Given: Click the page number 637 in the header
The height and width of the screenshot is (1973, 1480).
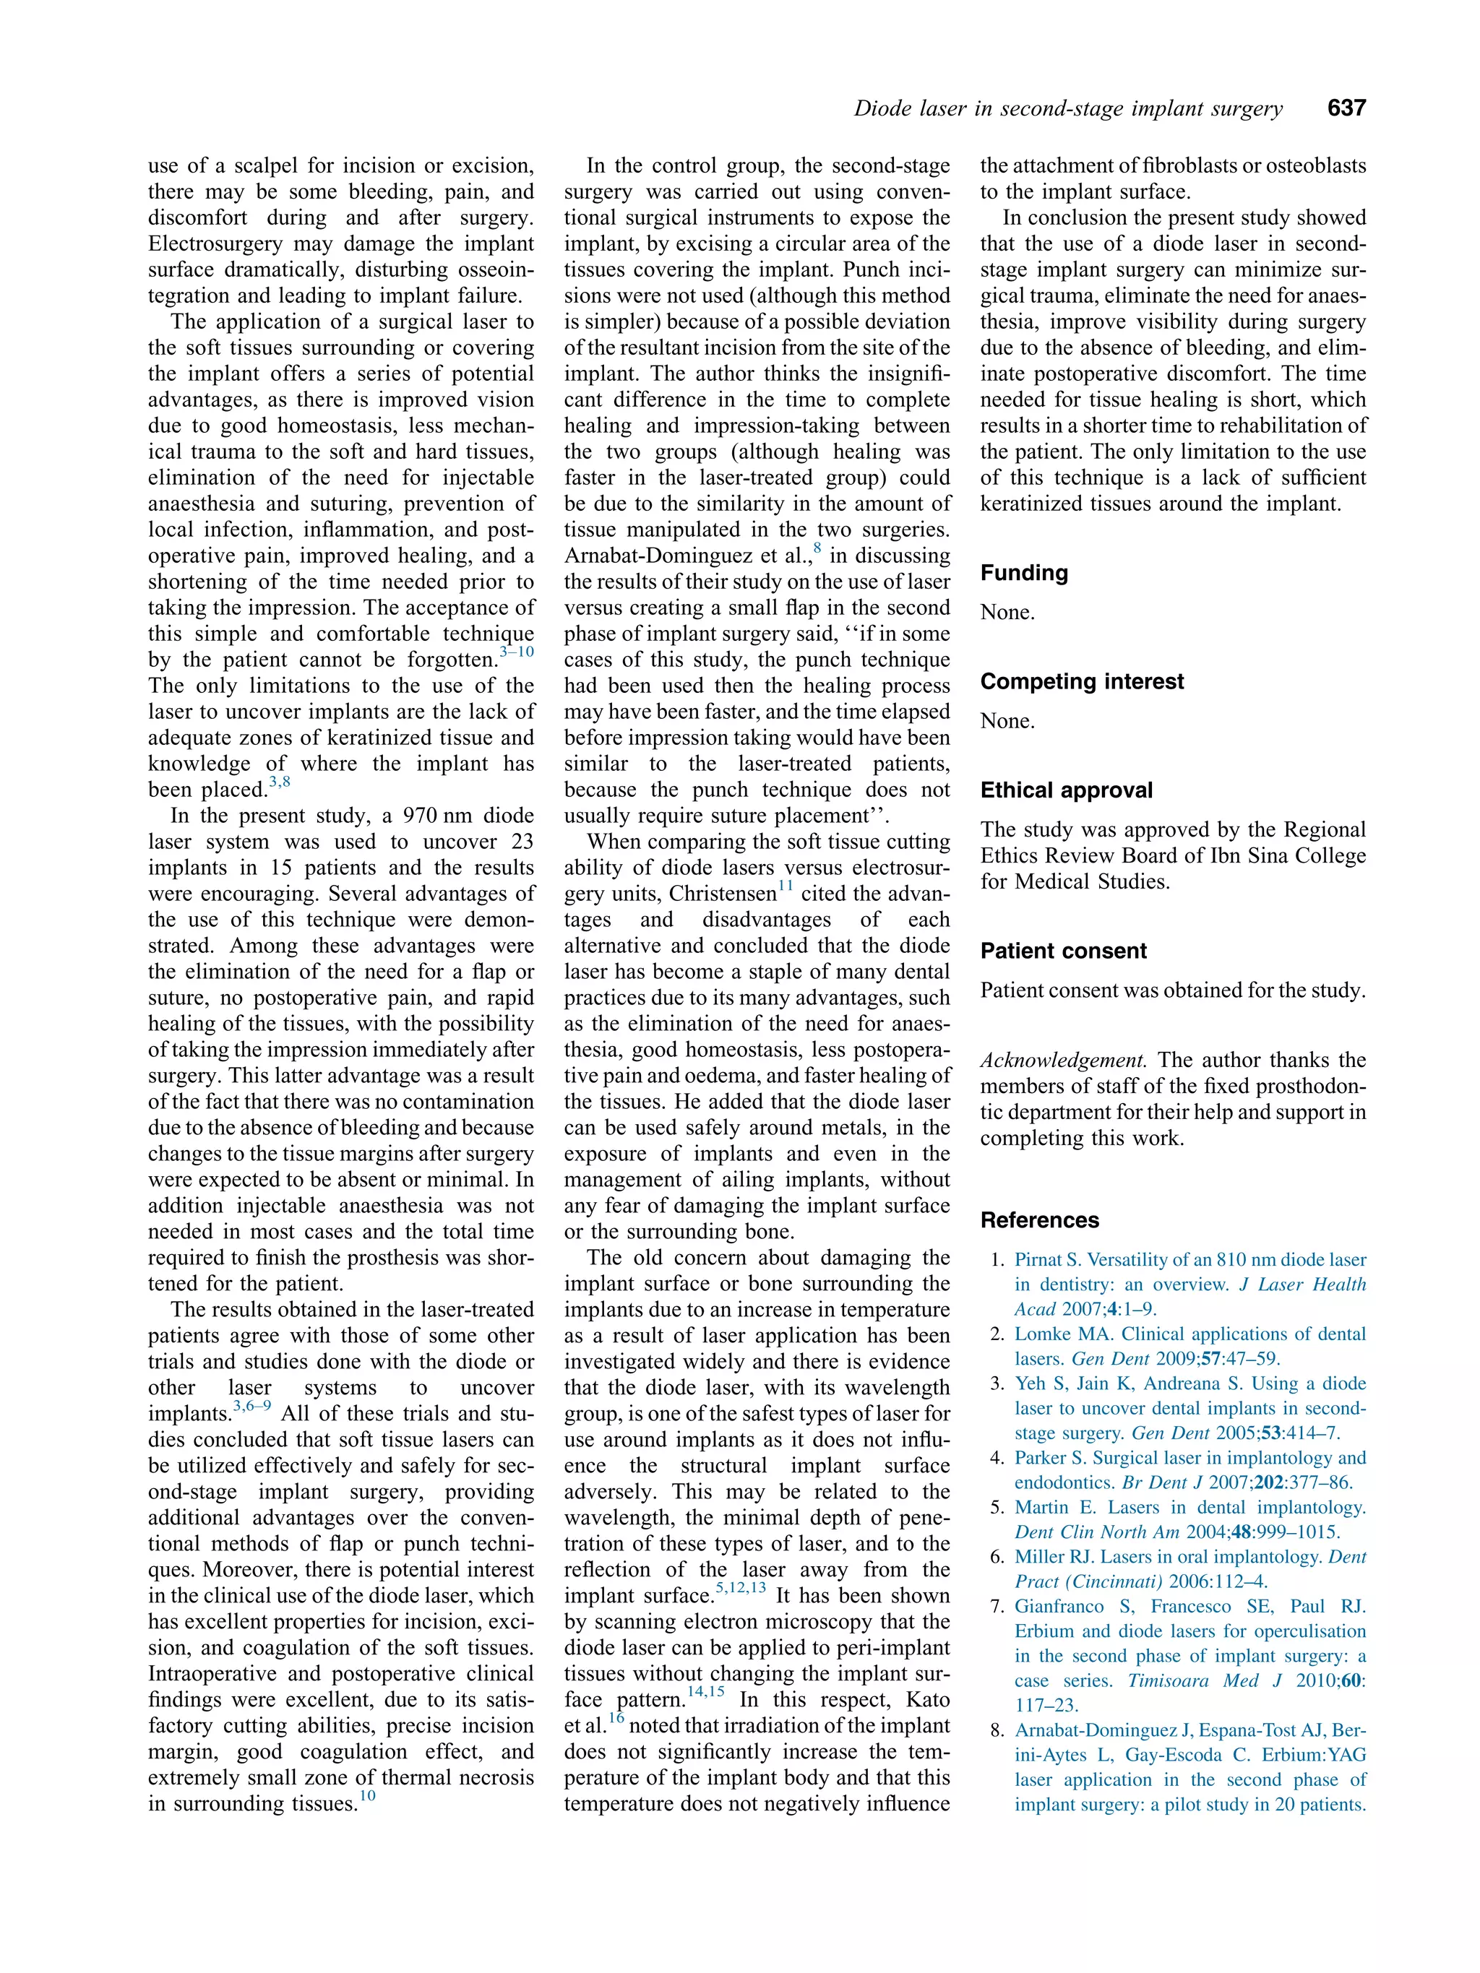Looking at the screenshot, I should (x=1346, y=108).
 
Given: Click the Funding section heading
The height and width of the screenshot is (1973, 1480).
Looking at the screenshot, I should (x=1023, y=573).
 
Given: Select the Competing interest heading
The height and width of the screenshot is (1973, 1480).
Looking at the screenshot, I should (x=1081, y=681).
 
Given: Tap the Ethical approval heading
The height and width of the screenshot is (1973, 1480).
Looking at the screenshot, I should (x=1066, y=790).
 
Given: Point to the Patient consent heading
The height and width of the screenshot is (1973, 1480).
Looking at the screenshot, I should (x=1062, y=951).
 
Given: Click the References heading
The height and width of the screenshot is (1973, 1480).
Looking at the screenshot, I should (x=1039, y=1220).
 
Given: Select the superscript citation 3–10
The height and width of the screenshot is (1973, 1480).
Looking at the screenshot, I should (x=517, y=653).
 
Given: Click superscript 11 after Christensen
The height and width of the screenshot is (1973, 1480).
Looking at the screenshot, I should (x=785, y=886).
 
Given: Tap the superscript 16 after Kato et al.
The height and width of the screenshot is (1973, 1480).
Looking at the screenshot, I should (x=616, y=1718).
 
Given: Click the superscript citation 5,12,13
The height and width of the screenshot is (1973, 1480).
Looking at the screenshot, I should (x=741, y=1589).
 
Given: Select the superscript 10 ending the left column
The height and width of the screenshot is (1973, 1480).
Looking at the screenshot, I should (x=366, y=1795).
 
